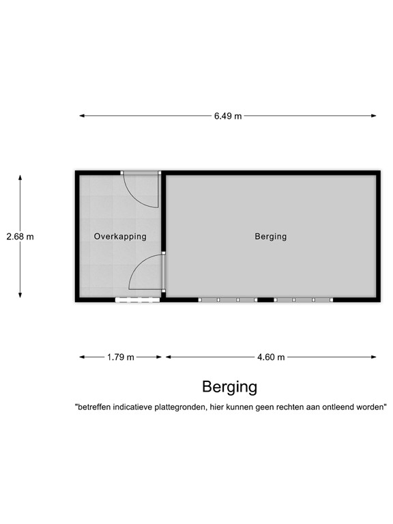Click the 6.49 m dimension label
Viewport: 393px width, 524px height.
pos(228,116)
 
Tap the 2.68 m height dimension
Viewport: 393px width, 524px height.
pos(20,237)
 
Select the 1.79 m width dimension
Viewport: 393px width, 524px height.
pos(121,357)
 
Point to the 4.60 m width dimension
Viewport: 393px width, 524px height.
pos(271,357)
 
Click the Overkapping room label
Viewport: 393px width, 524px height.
pos(120,237)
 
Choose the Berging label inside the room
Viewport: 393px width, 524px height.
pos(271,237)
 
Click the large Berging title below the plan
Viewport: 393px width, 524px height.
pos(229,387)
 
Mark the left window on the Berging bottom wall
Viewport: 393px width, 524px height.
pos(227,300)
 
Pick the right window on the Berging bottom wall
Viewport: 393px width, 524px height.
pos(304,300)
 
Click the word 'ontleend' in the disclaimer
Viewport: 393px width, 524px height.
pos(347,407)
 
